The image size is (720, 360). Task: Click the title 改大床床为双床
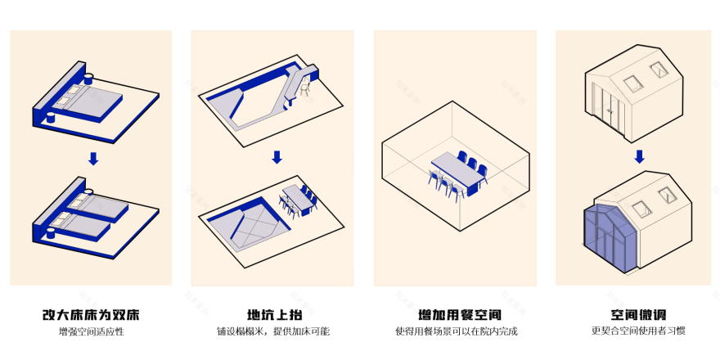coord(91,315)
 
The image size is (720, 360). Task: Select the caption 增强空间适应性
coord(91,332)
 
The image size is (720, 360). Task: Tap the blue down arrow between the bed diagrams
coord(93,158)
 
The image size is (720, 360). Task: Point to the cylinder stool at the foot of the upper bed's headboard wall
coord(50,118)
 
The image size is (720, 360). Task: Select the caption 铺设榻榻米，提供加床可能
coord(273,332)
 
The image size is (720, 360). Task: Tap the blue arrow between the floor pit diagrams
coord(277,156)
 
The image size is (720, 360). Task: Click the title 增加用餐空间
coord(456,315)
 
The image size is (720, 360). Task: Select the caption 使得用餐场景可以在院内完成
coord(456,332)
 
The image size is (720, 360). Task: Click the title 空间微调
coord(637,315)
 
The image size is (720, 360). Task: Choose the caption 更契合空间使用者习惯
coord(637,332)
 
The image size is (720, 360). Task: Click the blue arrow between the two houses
coord(640,155)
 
